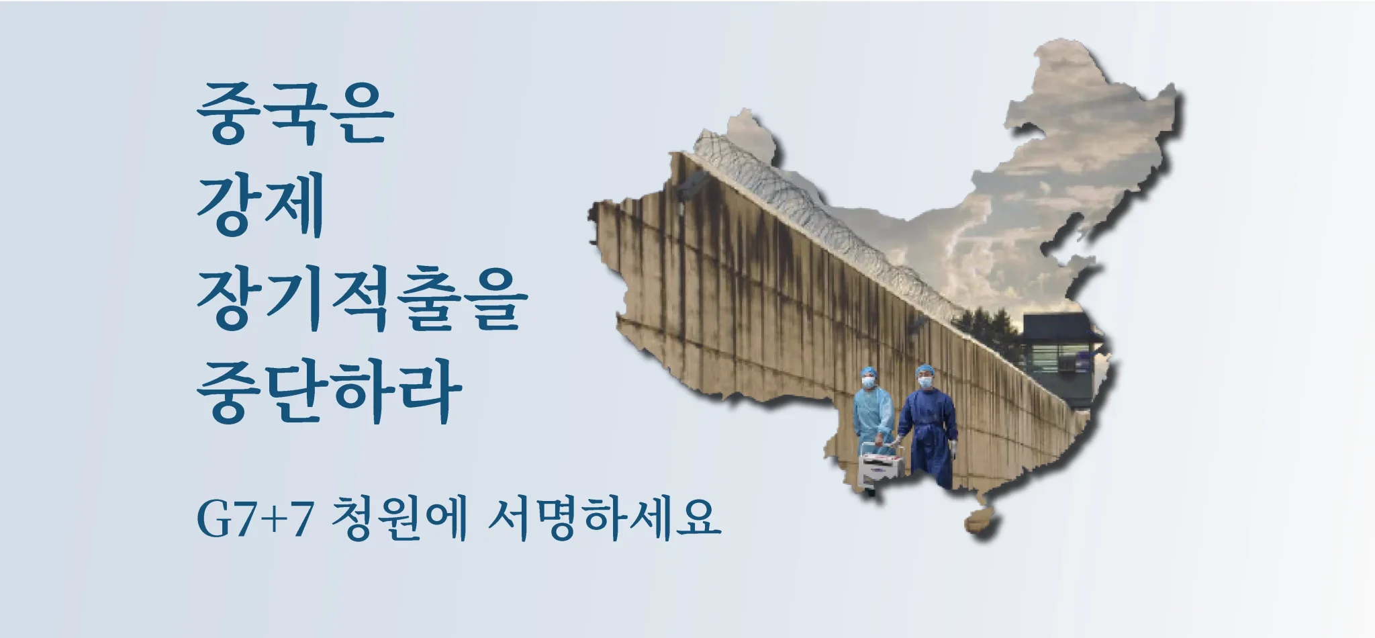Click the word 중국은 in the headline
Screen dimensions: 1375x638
point(295,113)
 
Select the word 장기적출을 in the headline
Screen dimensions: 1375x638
point(363,298)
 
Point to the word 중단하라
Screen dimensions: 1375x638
point(330,392)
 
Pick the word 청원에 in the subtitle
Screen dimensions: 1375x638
point(400,518)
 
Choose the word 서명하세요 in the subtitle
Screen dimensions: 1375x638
point(604,518)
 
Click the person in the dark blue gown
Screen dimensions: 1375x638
point(929,427)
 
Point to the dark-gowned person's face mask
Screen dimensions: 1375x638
point(926,381)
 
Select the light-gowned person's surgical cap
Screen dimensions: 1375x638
point(869,371)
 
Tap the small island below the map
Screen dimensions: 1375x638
point(981,522)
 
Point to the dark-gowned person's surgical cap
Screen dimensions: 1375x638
point(926,370)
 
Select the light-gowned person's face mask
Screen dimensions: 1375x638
point(869,382)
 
